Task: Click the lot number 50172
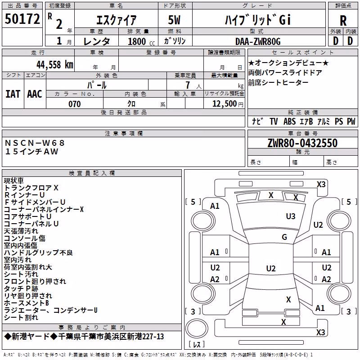pyautogui.click(x=22, y=18)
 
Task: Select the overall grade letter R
pyautogui.click(x=343, y=21)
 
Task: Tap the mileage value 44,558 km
pyautogui.click(x=55, y=65)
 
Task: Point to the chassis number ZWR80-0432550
pyautogui.click(x=302, y=143)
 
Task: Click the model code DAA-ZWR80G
pyautogui.click(x=258, y=41)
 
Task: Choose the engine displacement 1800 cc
pyautogui.click(x=141, y=41)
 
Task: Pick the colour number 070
pyautogui.click(x=75, y=104)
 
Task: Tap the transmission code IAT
pyautogui.click(x=13, y=94)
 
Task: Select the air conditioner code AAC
pyautogui.click(x=35, y=94)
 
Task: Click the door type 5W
pyautogui.click(x=174, y=20)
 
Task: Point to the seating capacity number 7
pyautogui.click(x=188, y=85)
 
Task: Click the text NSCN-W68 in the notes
pyautogui.click(x=35, y=143)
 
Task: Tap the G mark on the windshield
pyautogui.click(x=284, y=237)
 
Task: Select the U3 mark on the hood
pyautogui.click(x=291, y=216)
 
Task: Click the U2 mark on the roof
pyautogui.click(x=271, y=268)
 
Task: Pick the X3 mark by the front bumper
pyautogui.click(x=321, y=184)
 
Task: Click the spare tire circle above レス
pyautogui.click(x=197, y=328)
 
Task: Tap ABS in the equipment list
pyautogui.click(x=289, y=121)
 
